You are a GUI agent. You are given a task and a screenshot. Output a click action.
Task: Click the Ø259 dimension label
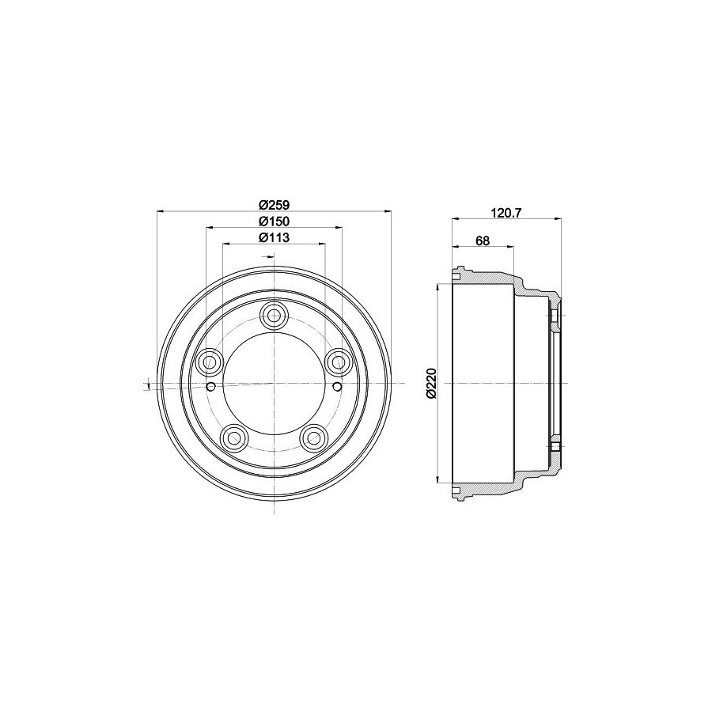point(275,205)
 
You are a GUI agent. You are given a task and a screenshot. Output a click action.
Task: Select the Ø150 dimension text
point(275,222)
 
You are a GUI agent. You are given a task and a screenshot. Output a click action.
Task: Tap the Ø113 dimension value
point(275,237)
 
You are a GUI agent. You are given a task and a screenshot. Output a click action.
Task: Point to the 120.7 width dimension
point(507,213)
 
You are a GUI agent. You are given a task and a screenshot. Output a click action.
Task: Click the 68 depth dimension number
point(483,240)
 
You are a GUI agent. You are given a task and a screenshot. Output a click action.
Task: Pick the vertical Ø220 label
point(431,384)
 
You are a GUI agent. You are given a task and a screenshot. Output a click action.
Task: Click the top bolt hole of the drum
point(275,315)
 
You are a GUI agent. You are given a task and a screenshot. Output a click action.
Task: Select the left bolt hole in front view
point(210,362)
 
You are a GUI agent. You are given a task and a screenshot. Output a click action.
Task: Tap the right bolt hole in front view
point(339,362)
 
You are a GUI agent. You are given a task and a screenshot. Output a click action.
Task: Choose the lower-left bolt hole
point(234,437)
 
